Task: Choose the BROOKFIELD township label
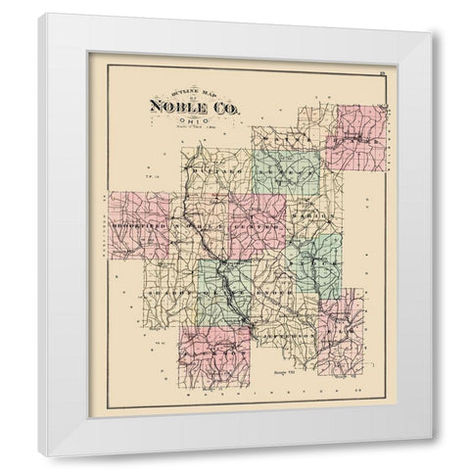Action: (x=137, y=224)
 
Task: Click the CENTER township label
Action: (x=257, y=226)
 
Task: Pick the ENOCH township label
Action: (x=276, y=291)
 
